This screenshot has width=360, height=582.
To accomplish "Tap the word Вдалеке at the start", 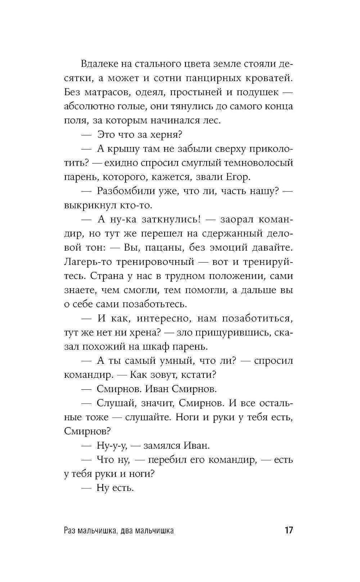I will (99, 64).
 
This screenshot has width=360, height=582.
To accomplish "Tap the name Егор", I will (238, 177).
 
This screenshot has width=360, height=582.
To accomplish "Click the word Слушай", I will (115, 403).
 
